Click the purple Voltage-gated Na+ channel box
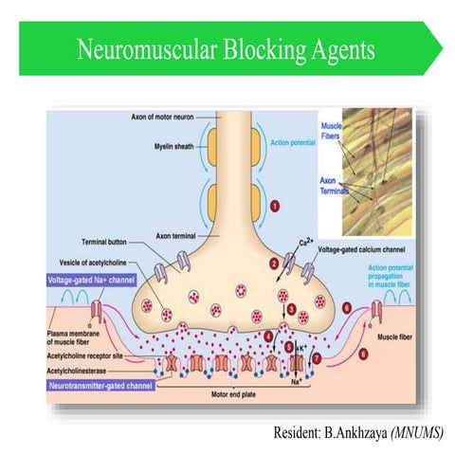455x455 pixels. click(92, 281)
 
